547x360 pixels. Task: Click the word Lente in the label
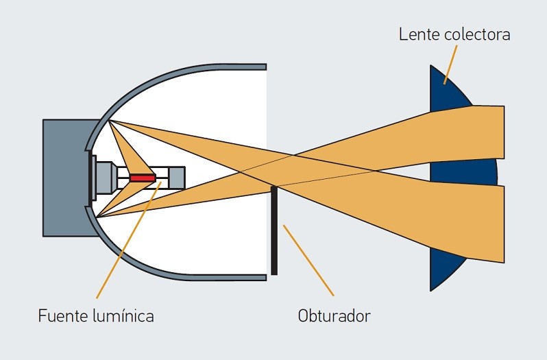(x=417, y=34)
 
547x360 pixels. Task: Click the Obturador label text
(x=335, y=316)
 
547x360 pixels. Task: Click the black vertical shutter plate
(x=274, y=233)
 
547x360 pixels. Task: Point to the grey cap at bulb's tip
(x=177, y=178)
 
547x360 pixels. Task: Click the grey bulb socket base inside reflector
(x=105, y=177)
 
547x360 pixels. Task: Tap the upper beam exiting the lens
(x=487, y=130)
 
